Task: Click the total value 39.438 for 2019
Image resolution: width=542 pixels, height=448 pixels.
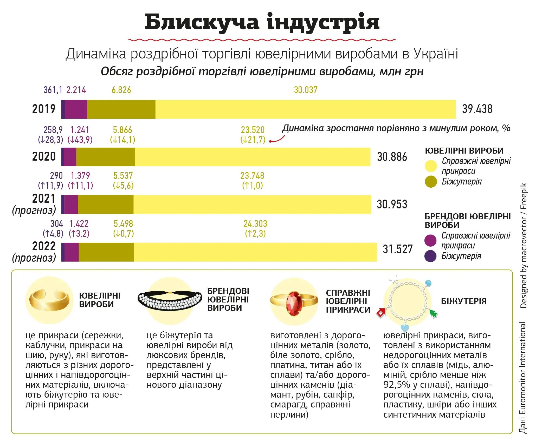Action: (477, 109)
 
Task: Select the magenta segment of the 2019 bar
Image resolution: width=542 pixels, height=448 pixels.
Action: (76, 109)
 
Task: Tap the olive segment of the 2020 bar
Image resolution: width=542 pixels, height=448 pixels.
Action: (106, 157)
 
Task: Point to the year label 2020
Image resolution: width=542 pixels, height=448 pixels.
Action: (44, 157)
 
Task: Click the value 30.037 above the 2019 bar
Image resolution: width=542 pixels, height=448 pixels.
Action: (306, 90)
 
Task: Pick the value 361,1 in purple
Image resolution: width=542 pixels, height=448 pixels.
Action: (53, 90)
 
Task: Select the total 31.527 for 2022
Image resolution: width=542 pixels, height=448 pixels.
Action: (398, 249)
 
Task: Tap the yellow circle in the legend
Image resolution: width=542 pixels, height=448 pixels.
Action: (431, 166)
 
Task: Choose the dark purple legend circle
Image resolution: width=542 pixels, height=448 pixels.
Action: (430, 256)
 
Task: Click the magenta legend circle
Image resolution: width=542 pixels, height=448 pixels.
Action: (430, 240)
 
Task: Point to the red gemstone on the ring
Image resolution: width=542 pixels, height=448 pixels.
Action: (294, 303)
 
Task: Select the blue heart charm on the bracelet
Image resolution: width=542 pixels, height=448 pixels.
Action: (405, 328)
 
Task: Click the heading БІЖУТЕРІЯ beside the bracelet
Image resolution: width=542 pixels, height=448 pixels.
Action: (464, 301)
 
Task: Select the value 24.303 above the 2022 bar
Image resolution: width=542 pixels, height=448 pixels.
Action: (255, 224)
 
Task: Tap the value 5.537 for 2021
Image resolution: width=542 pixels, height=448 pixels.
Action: (123, 176)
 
